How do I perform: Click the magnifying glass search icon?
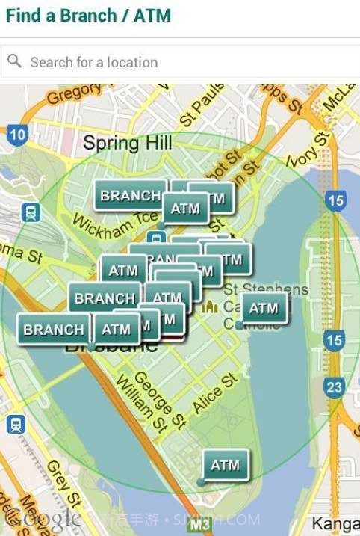tap(14, 61)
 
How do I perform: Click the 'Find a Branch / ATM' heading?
tap(88, 14)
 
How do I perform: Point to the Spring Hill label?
tap(128, 143)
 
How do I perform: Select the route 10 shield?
tap(19, 135)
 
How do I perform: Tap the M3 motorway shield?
tap(199, 525)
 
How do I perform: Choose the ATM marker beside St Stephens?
tap(263, 308)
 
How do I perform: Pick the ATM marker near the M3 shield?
tap(225, 465)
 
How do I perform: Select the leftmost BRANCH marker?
tap(53, 329)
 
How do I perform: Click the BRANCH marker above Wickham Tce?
tap(129, 196)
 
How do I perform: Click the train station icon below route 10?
tap(31, 213)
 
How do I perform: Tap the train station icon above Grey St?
tap(15, 425)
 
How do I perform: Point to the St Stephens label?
tap(265, 289)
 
